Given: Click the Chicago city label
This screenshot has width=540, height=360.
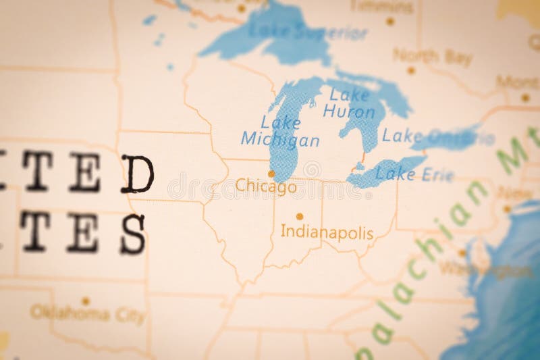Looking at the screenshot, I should pyautogui.click(x=266, y=186).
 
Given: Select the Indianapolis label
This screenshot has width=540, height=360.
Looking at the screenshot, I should pyautogui.click(x=327, y=233).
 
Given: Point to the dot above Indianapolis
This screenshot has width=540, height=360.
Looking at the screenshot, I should pyautogui.click(x=300, y=217).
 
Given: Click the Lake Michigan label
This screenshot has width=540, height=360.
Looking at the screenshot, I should pyautogui.click(x=279, y=132).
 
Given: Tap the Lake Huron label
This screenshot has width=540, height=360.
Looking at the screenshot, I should pyautogui.click(x=348, y=103).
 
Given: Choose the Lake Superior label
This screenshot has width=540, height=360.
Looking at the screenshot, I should pyautogui.click(x=307, y=31).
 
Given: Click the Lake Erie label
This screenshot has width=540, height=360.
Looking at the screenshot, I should pyautogui.click(x=405, y=174).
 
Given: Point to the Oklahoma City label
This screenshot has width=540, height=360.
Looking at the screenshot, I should pyautogui.click(x=87, y=315).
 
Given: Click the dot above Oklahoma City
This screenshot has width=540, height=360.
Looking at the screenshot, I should pyautogui.click(x=86, y=301).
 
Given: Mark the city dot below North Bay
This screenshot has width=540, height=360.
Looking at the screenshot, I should pyautogui.click(x=410, y=70).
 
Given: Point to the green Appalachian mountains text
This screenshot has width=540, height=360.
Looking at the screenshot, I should pyautogui.click(x=432, y=250).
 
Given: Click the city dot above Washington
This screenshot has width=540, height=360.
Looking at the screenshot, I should pyautogui.click(x=462, y=253).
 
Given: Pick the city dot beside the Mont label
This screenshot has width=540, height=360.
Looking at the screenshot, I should pyautogui.click(x=525, y=97).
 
